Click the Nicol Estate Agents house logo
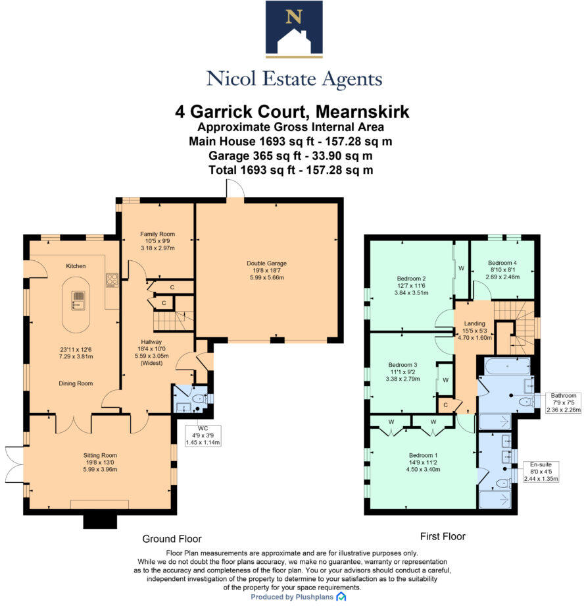click(x=294, y=29)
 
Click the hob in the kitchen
click(x=112, y=280)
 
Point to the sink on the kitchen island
click(x=78, y=300)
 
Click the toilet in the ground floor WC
click(x=199, y=399)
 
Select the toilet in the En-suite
click(x=503, y=483)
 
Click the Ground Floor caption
click(x=172, y=539)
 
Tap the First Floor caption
click(x=443, y=536)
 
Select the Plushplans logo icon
click(x=341, y=597)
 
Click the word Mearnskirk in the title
click(x=362, y=112)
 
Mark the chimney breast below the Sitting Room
click(x=100, y=522)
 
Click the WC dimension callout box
click(x=203, y=435)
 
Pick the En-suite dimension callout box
click(x=541, y=472)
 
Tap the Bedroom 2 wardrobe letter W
click(x=461, y=268)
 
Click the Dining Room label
click(x=76, y=383)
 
